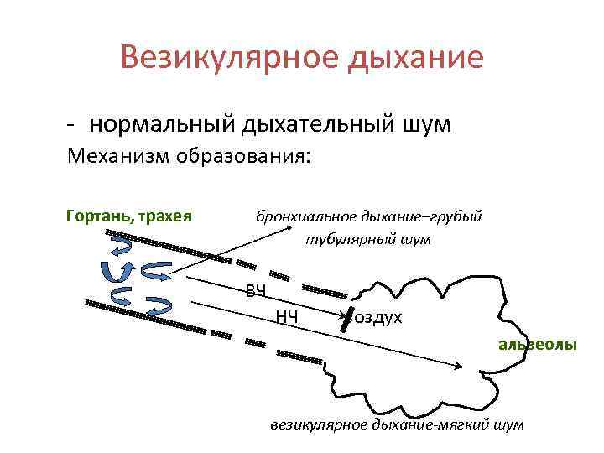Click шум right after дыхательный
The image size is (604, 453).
[426, 125]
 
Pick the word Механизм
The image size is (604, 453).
[117, 157]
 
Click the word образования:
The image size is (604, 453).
[242, 157]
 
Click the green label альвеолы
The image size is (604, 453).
[538, 344]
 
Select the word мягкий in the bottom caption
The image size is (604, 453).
[467, 424]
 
